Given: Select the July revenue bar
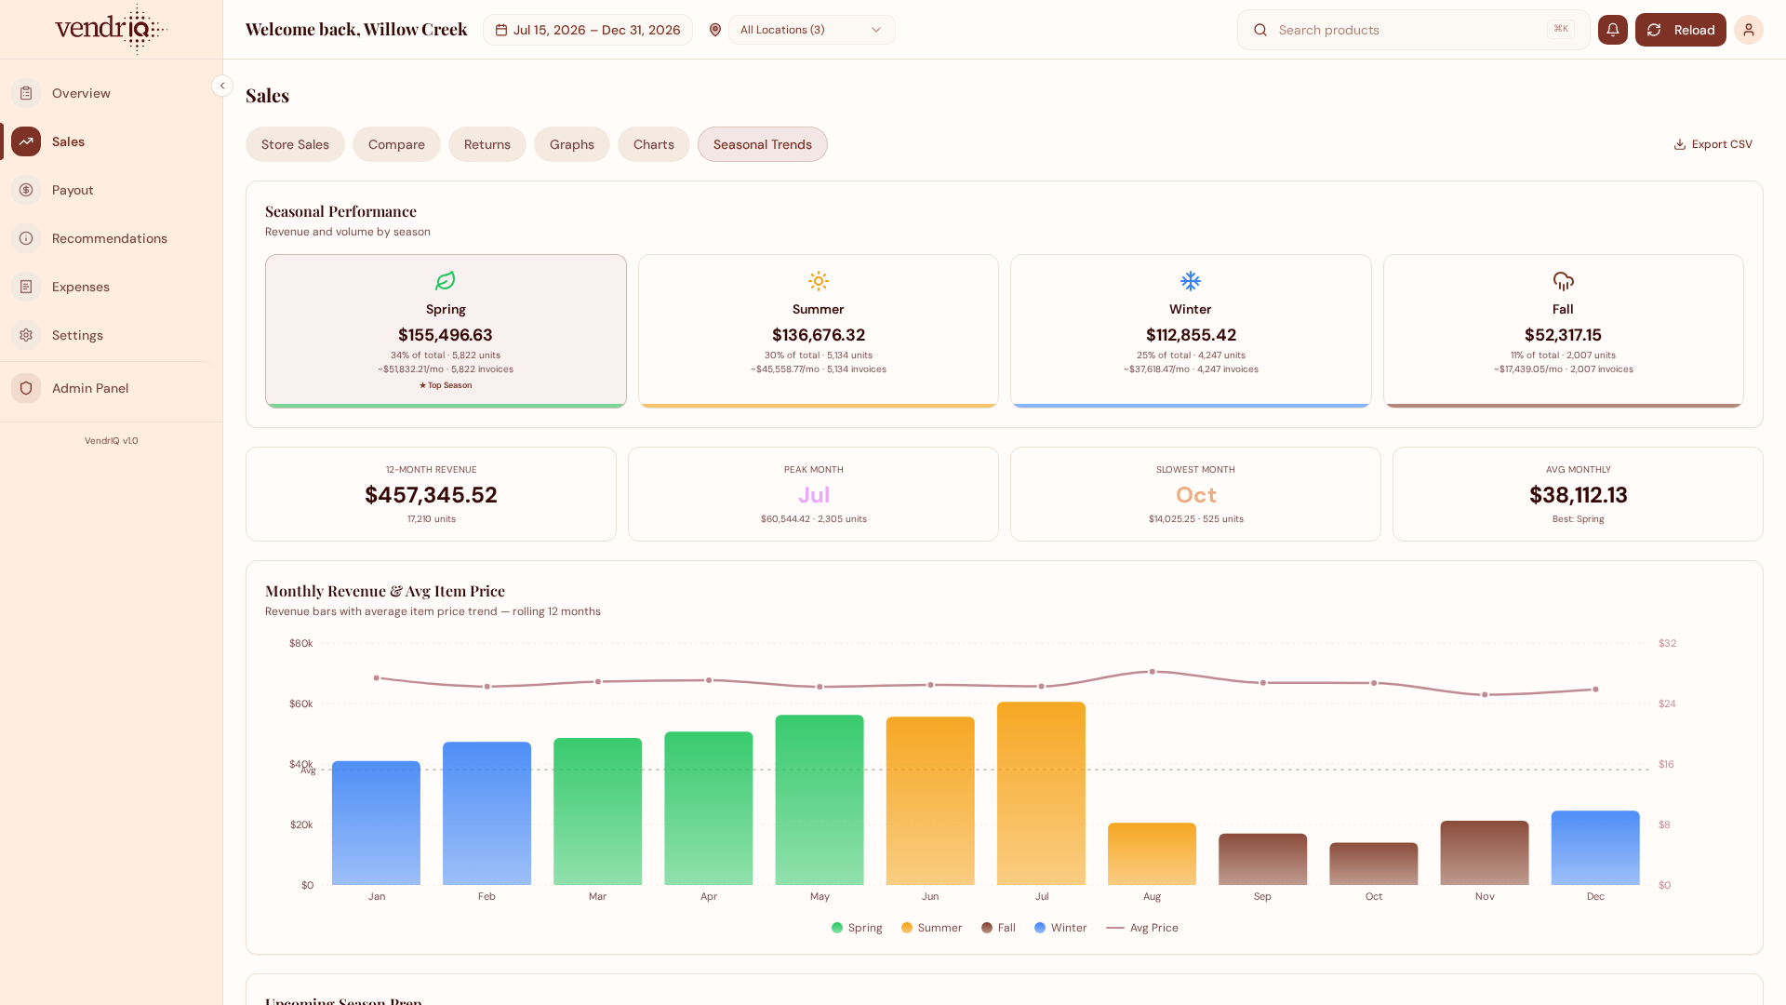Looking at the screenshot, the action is pos(1041,793).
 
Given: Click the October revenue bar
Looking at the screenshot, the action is pos(1373,864).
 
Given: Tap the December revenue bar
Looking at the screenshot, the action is pos(1595,848).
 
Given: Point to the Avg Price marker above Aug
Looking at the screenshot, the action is pos(1152,671).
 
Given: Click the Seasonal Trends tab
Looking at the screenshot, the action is pos(763,144).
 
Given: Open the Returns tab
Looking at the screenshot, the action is pos(487,144).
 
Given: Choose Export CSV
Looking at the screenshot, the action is pos(1713,144).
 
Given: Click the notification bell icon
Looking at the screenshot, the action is pos(1613,30).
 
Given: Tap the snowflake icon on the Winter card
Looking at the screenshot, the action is pos(1191,281).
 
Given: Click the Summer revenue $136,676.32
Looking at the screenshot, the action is pos(819,335).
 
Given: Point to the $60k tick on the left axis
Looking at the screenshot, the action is pos(301,703).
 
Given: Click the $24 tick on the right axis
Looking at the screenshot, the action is pos(1667,703).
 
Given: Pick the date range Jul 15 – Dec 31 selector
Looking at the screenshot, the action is pos(588,30).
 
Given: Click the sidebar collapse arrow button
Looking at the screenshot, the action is pos(222,86).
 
